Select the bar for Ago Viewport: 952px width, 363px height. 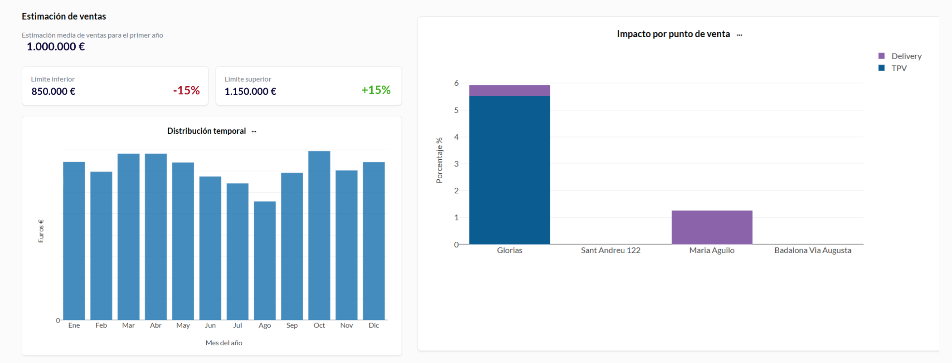point(265,260)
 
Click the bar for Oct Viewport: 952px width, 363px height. point(319,235)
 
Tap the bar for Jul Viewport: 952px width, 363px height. point(238,251)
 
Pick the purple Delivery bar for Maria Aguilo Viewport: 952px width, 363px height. point(712,227)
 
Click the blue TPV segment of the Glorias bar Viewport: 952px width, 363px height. point(510,170)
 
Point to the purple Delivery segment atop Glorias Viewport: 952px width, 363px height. point(510,90)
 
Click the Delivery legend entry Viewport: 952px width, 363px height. point(906,56)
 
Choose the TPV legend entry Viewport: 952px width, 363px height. point(899,68)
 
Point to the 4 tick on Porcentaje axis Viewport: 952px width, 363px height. point(457,137)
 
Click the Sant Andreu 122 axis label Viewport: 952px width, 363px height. point(611,250)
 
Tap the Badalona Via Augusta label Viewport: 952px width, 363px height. point(812,250)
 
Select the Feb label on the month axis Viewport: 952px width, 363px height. point(101,325)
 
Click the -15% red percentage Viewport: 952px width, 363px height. point(186,90)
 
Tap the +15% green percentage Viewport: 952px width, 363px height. point(376,90)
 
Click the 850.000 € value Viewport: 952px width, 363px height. point(53,91)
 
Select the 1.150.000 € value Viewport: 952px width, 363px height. point(250,91)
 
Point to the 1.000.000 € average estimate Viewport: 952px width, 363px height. point(56,47)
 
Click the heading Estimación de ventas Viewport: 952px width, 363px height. point(64,16)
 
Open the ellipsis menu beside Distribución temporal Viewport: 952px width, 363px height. point(254,132)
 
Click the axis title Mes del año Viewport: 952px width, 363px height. point(224,343)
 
